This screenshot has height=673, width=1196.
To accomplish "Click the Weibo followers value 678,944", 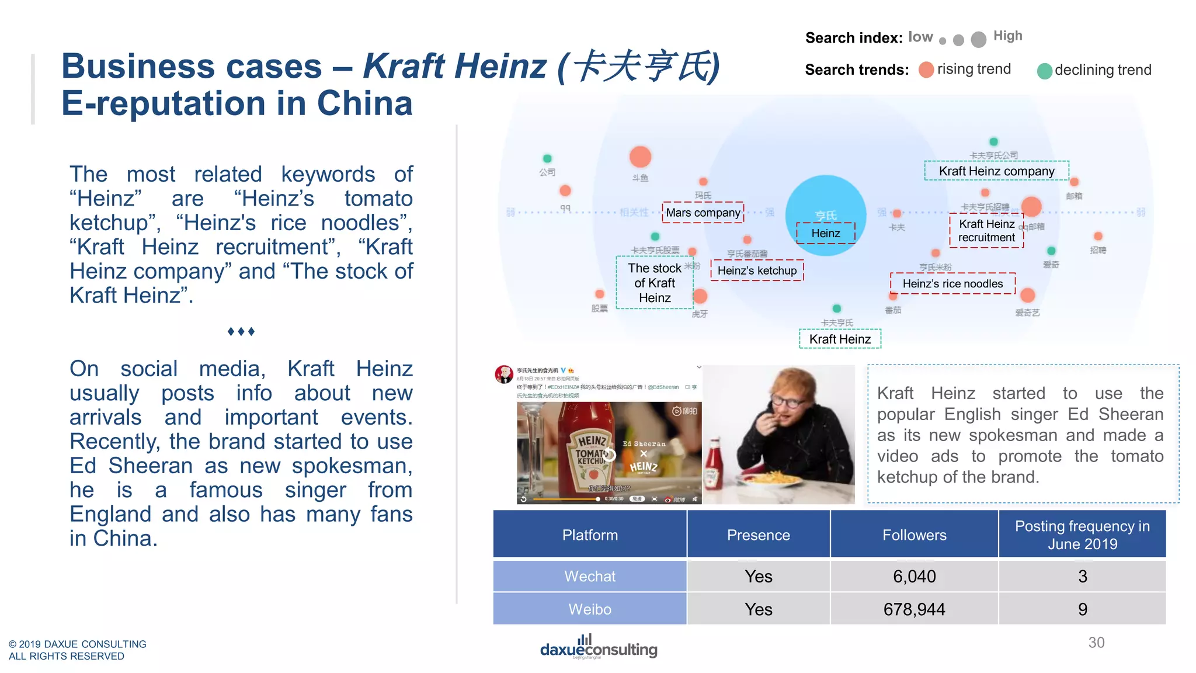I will pos(914,609).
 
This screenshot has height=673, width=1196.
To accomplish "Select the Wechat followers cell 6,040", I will pos(914,577).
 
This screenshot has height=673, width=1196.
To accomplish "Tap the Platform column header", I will pos(590,535).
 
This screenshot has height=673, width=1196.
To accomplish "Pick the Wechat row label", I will pos(590,577).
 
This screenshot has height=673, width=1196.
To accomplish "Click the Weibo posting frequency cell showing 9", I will pos(1082,609).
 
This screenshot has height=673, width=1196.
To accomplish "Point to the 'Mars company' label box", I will pos(703,213).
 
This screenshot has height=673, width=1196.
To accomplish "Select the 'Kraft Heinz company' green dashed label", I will pos(996,171).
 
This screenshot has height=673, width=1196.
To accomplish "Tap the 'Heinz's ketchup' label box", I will pos(757,270).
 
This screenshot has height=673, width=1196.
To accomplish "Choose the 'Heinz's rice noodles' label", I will pos(952,284).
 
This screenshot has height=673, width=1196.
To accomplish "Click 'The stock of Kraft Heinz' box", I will pos(655,283).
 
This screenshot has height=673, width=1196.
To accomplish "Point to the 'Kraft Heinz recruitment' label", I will pos(986,231).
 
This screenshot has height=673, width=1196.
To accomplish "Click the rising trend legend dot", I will pos(926,70).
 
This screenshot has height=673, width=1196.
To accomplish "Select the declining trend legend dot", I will pos(1045,71).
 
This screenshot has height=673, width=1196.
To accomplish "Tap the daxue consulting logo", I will pos(599,647).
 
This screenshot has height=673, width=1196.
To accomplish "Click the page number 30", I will pos(1096,643).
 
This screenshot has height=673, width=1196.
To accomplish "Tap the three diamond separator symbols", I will pos(241,332).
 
